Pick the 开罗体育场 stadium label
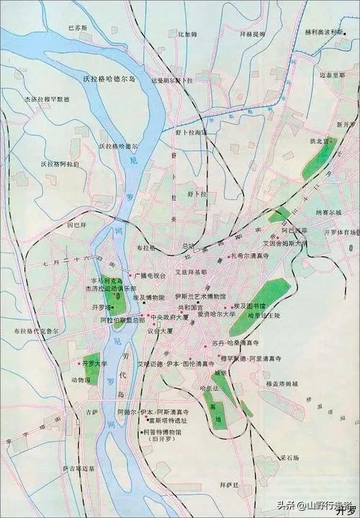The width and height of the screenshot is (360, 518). point(340,232)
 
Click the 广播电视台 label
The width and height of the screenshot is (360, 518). point(150,275)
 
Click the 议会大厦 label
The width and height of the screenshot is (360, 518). point(160,331)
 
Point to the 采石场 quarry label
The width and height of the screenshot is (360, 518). point(293,457)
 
